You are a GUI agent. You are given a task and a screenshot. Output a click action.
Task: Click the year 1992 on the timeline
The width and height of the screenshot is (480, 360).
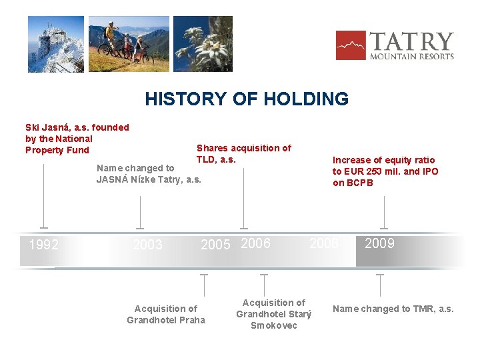tap(44, 245)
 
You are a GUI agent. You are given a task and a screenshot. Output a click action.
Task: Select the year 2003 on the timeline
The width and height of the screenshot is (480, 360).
tap(147, 245)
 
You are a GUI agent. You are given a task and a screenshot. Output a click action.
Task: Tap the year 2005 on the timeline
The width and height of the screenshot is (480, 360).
tap(215, 245)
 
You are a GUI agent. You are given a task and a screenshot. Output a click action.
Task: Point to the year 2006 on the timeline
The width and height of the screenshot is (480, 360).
tap(256, 244)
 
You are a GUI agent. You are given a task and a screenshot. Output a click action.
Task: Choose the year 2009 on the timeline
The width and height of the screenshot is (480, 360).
tap(379, 243)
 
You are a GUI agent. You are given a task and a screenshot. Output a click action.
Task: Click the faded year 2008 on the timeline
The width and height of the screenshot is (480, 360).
tap(324, 244)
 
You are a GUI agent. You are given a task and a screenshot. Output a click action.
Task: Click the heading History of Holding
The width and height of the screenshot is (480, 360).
tap(247, 99)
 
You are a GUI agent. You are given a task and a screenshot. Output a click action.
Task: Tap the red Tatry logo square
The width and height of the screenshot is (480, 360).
tap(351, 45)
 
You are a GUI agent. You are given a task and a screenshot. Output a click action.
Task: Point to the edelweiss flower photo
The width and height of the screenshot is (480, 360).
tap(203, 44)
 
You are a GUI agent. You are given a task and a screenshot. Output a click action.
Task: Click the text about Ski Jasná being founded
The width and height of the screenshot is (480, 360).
tap(77, 139)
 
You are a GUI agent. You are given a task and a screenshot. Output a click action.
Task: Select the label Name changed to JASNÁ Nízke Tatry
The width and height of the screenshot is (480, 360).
tap(149, 174)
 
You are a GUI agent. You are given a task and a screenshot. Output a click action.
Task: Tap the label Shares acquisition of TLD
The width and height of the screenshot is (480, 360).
tap(243, 154)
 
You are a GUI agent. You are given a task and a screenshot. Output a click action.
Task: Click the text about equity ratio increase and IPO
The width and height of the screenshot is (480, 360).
tap(385, 171)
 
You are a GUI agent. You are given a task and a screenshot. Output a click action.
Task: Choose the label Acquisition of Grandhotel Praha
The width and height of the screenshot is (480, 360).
tap(166, 314)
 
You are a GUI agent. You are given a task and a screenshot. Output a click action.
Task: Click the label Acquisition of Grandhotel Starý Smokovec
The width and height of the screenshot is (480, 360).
tap(273, 314)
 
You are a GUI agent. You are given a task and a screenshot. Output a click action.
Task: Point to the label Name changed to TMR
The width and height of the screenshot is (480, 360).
tap(393, 309)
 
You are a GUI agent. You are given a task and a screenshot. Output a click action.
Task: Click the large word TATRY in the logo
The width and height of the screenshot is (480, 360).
tap(411, 42)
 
